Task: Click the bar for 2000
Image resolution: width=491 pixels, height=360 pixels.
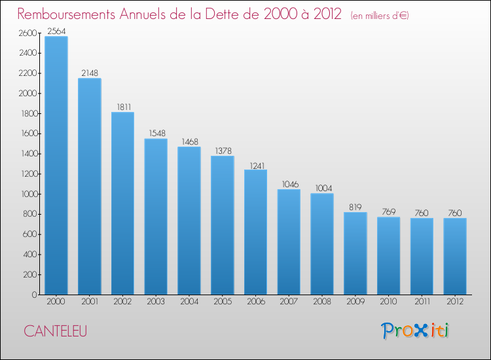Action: [x=56, y=165]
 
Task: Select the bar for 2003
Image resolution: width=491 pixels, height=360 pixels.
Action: [x=156, y=216]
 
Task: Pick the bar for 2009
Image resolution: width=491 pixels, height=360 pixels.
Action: [x=355, y=253]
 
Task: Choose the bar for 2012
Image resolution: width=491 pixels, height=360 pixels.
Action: [x=454, y=256]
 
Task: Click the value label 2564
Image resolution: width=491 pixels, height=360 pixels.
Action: [x=56, y=31]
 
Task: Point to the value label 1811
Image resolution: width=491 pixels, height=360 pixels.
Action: [x=122, y=107]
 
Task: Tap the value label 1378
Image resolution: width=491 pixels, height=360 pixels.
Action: [x=222, y=151]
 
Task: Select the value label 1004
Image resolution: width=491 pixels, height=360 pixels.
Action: [x=321, y=188]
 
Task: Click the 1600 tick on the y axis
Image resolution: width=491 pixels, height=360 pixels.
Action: [x=28, y=134]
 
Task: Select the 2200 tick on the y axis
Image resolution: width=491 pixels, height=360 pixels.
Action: [x=28, y=73]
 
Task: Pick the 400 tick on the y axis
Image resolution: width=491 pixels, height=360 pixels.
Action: [x=30, y=255]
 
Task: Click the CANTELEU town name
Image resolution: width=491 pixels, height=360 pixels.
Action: [x=55, y=331]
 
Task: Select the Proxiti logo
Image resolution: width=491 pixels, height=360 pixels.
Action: [x=415, y=331]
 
